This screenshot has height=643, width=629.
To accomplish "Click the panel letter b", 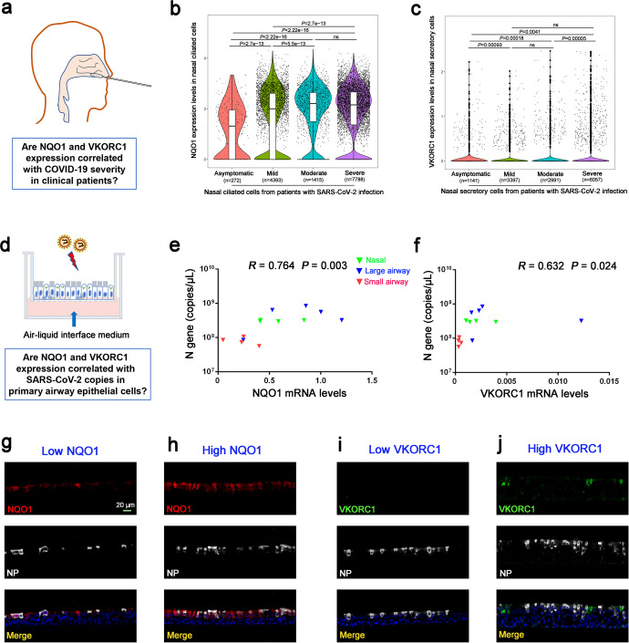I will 168,12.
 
